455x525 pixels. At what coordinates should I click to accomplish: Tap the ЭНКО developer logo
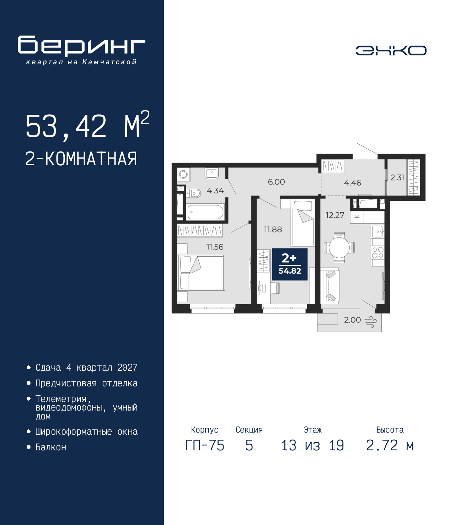(x=391, y=50)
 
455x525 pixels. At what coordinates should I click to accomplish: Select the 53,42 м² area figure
(x=87, y=125)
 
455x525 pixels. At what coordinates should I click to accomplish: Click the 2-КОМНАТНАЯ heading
(x=81, y=159)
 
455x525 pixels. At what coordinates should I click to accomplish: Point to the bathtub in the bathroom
(x=205, y=212)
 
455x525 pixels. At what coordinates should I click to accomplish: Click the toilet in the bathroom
(x=194, y=193)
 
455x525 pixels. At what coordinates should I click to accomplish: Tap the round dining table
(x=339, y=247)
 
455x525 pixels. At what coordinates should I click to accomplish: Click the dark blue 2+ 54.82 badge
(x=290, y=264)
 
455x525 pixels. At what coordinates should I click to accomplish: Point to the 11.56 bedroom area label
(x=215, y=247)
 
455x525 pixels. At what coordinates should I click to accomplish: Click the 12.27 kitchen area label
(x=335, y=215)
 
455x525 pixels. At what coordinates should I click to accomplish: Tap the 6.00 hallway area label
(x=277, y=182)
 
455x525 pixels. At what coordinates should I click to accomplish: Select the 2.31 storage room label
(x=397, y=177)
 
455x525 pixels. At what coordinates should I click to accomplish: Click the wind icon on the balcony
(x=371, y=322)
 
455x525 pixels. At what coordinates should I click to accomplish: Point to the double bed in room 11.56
(x=201, y=273)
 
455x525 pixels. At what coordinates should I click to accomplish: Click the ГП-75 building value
(x=205, y=445)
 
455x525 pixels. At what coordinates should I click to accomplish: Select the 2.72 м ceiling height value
(x=390, y=445)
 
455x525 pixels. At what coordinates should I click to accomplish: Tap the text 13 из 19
(x=313, y=445)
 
